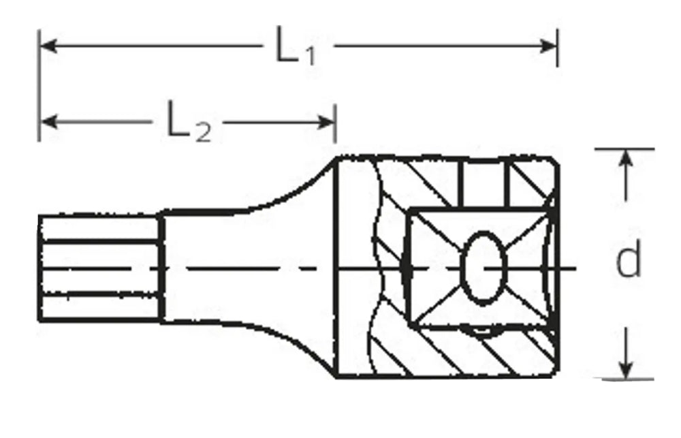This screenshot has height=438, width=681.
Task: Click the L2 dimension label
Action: (189, 123)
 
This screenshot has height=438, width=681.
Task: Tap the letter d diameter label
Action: (628, 260)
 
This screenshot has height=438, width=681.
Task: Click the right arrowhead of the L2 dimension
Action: (328, 123)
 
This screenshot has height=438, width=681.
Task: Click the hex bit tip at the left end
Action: (99, 267)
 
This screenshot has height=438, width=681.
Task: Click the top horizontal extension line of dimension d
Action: (623, 148)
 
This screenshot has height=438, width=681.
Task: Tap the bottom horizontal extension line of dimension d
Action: (623, 379)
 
